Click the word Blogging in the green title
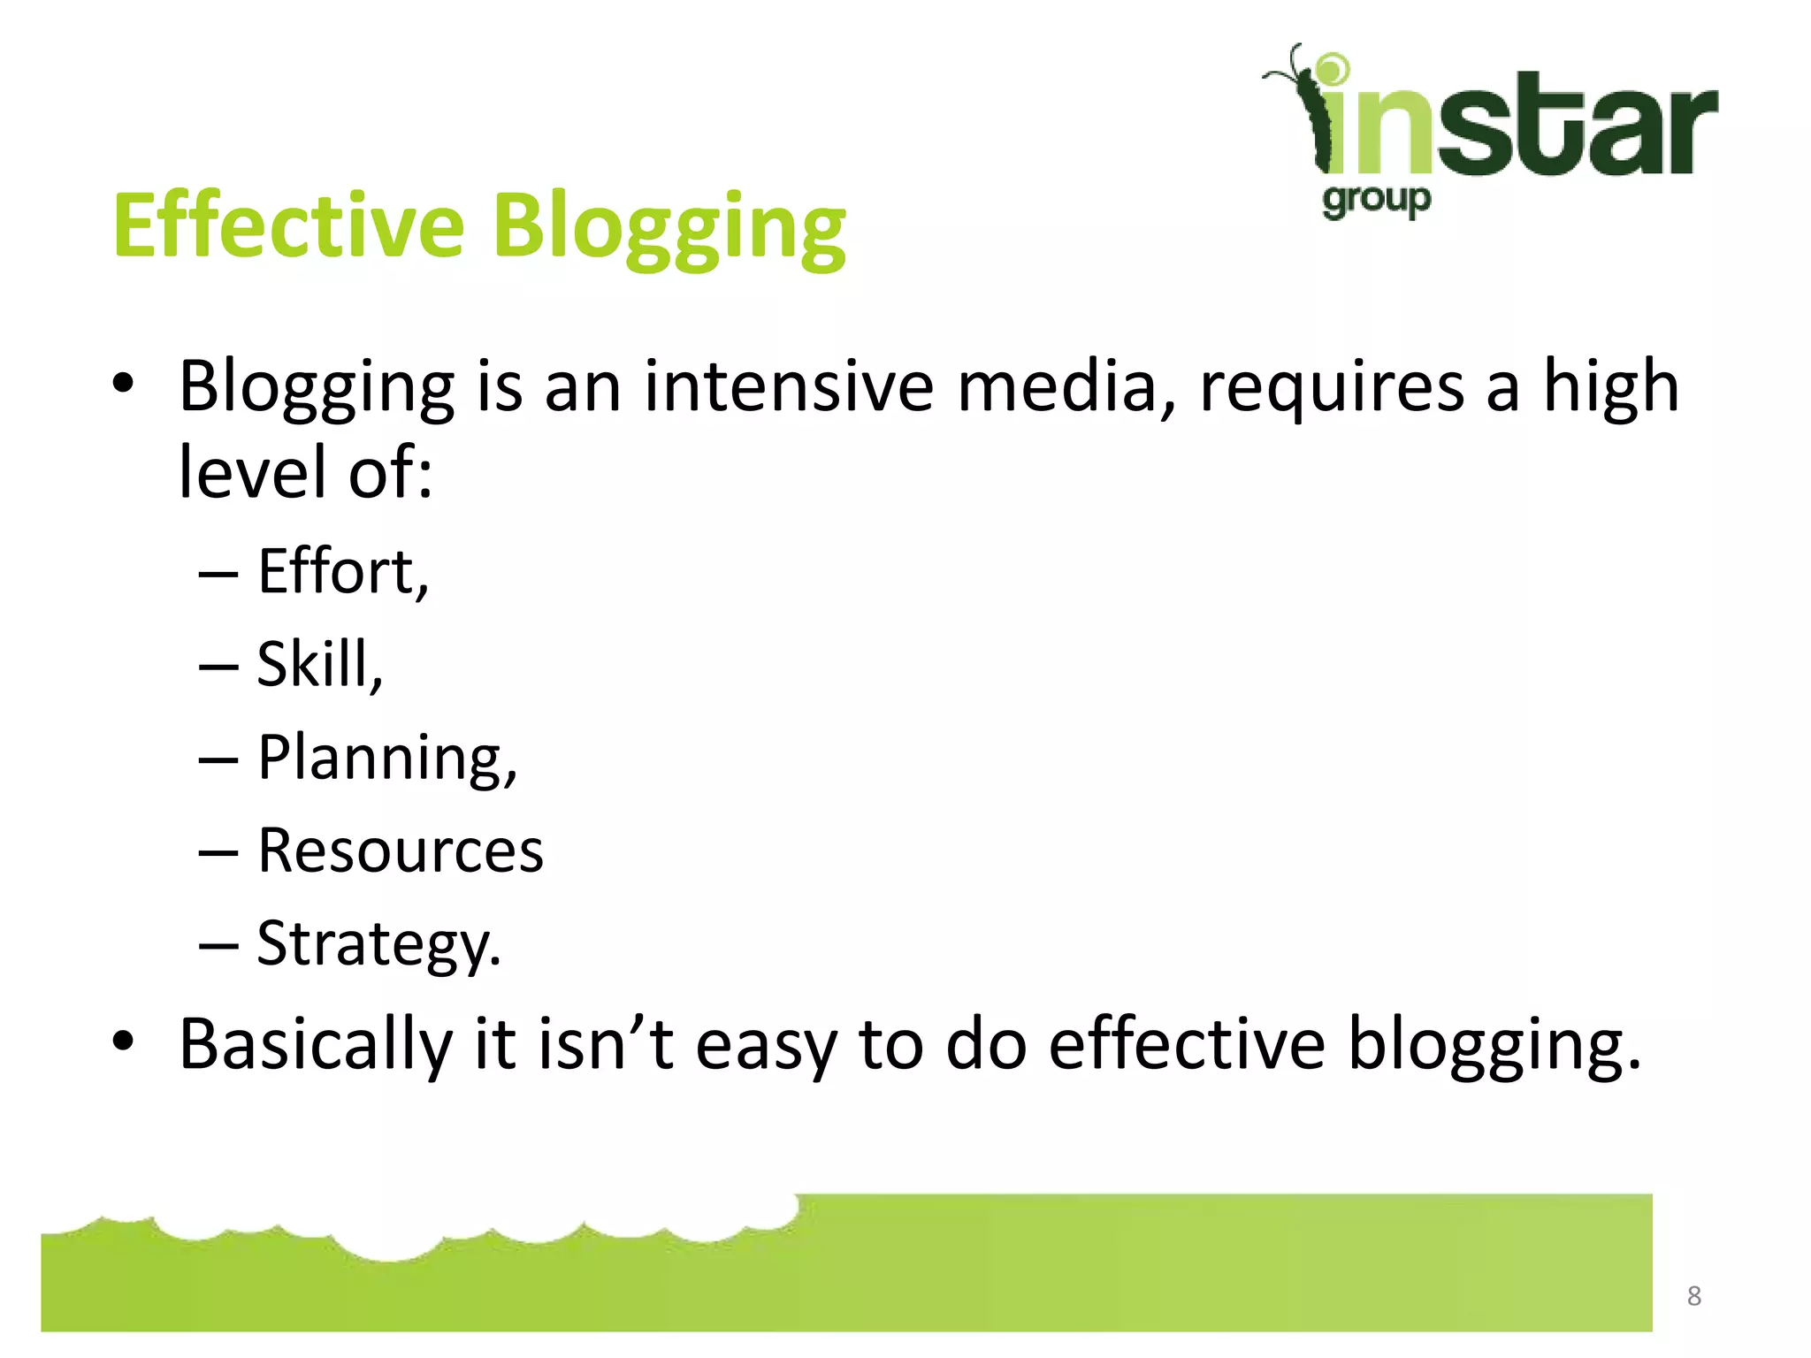click(x=669, y=228)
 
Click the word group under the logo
click(x=1376, y=201)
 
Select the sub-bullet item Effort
click(x=342, y=572)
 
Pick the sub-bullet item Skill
click(x=319, y=664)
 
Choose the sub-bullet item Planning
click(x=386, y=759)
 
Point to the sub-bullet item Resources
click(x=400, y=851)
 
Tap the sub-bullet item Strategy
click(x=378, y=944)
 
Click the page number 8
click(x=1693, y=1296)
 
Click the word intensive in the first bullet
click(x=788, y=386)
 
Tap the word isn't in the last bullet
click(x=606, y=1044)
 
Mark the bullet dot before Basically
click(x=123, y=1041)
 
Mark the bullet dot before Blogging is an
click(x=123, y=384)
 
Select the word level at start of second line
click(x=253, y=472)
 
